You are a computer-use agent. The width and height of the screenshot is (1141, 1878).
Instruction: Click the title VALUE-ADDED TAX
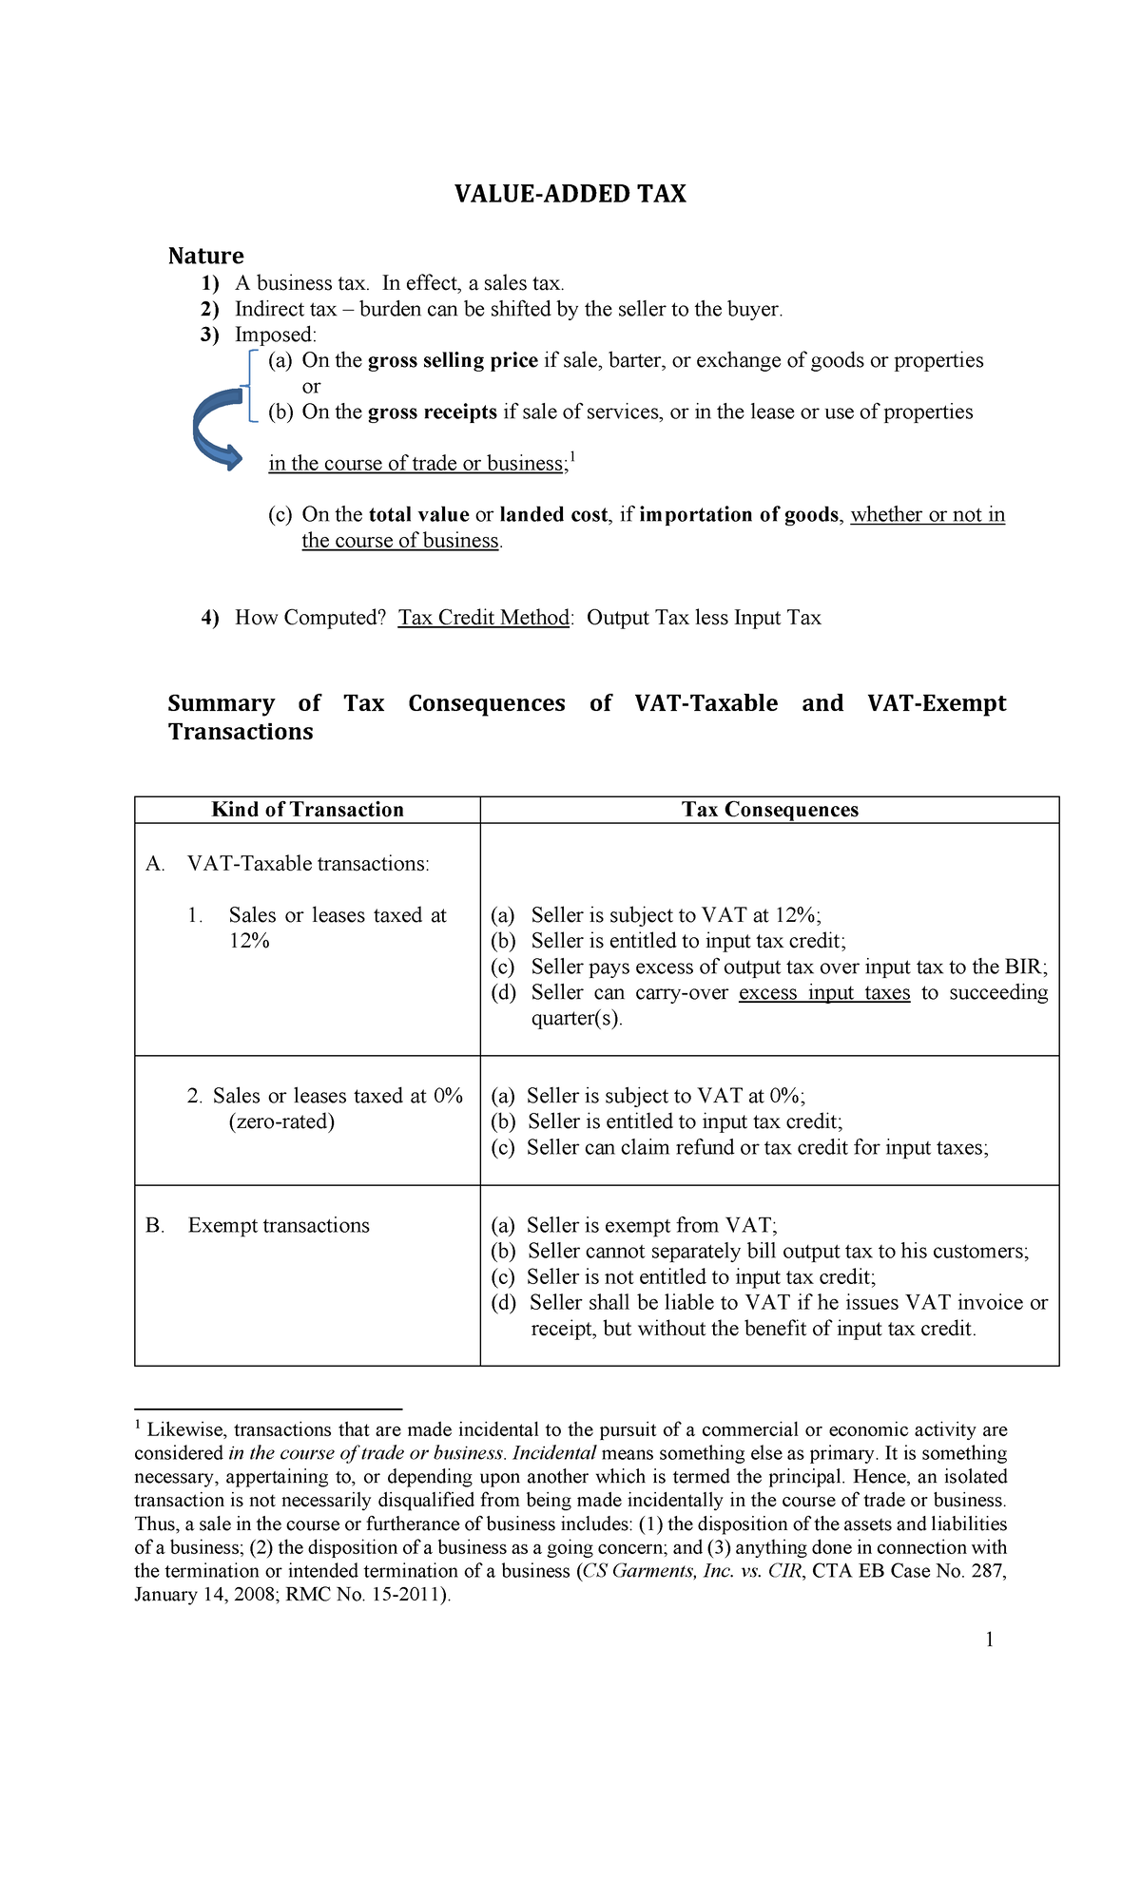(570, 194)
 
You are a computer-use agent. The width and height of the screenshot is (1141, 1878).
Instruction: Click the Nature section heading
(205, 256)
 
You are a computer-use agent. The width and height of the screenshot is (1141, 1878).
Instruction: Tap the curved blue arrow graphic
(218, 429)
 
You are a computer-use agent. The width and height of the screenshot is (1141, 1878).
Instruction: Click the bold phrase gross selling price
(453, 360)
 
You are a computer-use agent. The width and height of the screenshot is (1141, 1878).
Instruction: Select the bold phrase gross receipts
(432, 412)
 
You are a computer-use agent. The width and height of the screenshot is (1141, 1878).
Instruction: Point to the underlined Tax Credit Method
(484, 618)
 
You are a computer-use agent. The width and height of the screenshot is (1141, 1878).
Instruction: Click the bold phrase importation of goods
(739, 514)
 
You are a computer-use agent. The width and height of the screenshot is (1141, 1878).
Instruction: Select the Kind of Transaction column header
(307, 810)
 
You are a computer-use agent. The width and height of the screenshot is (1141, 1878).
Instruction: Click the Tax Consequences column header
(769, 810)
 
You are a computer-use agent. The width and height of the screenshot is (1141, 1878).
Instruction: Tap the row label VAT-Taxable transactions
(308, 864)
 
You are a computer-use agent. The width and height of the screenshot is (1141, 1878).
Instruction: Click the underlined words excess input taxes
(823, 992)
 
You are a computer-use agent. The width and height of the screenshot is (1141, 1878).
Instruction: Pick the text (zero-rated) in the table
(281, 1121)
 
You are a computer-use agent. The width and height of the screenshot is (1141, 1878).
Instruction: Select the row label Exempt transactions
(279, 1225)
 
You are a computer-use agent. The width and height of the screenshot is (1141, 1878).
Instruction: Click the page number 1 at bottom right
(990, 1638)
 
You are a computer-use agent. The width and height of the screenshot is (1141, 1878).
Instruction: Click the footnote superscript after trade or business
(572, 458)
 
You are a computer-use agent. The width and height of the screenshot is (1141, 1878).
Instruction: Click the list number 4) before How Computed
(209, 618)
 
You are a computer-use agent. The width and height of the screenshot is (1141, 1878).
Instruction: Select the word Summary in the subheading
(221, 703)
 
